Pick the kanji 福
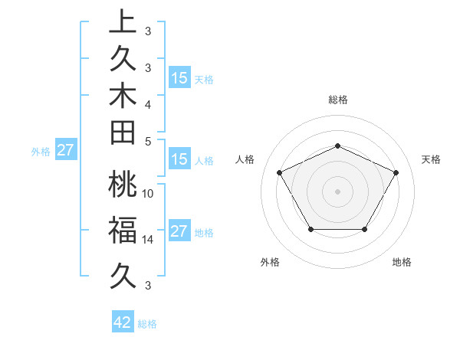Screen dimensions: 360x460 pos(123,228)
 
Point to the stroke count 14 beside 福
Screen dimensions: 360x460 pos(148,240)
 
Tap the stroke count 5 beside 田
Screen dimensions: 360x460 pos(148,141)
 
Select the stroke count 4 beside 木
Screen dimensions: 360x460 pos(148,103)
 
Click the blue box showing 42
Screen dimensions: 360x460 pos(123,322)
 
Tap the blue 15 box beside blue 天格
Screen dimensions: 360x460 pos(179,78)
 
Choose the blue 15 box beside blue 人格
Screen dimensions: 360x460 pos(179,160)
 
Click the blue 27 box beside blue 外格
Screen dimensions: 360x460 pos(65,150)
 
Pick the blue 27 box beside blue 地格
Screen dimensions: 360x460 pos(179,232)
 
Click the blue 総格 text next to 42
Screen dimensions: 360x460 pos(147,324)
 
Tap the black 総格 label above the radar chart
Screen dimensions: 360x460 pos(338,100)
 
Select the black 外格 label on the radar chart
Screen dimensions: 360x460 pos(270,263)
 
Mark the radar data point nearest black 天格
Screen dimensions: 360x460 pos(396,172)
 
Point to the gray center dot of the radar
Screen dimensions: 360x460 pos(338,191)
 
